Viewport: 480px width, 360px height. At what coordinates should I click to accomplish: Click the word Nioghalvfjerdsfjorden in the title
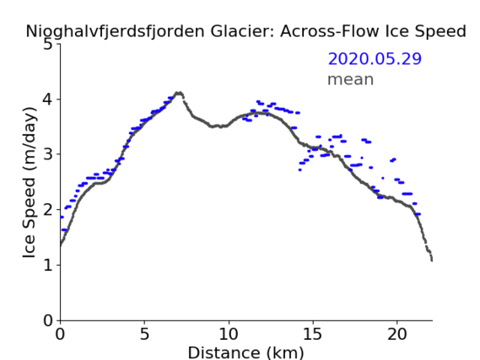[115, 32]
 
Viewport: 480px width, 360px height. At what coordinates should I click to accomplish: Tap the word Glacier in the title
[241, 31]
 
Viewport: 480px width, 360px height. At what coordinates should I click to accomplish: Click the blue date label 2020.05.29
[375, 59]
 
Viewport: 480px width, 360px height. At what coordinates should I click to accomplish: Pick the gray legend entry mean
[351, 79]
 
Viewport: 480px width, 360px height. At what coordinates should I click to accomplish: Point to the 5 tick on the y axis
[47, 45]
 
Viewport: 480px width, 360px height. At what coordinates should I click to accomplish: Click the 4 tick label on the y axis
[47, 99]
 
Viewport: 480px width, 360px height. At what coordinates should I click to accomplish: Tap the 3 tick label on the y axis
[47, 154]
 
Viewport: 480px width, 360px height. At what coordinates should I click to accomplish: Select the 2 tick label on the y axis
[47, 210]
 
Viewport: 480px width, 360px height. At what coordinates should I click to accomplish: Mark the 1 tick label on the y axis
[48, 265]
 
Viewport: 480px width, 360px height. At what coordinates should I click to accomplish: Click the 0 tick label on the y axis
[47, 320]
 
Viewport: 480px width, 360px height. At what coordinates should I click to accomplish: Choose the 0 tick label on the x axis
[60, 334]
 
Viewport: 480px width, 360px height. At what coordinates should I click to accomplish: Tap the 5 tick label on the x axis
[144, 334]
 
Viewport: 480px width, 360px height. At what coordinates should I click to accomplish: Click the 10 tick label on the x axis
[229, 334]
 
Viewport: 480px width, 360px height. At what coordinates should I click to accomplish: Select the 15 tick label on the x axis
[313, 334]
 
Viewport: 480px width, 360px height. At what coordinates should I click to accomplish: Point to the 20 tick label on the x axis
[397, 334]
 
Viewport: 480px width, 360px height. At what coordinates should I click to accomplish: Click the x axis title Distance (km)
[245, 352]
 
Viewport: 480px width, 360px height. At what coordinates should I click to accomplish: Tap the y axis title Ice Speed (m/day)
[30, 182]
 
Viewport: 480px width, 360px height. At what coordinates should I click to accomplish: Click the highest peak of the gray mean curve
[179, 93]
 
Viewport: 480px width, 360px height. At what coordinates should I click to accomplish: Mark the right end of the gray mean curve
[432, 260]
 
